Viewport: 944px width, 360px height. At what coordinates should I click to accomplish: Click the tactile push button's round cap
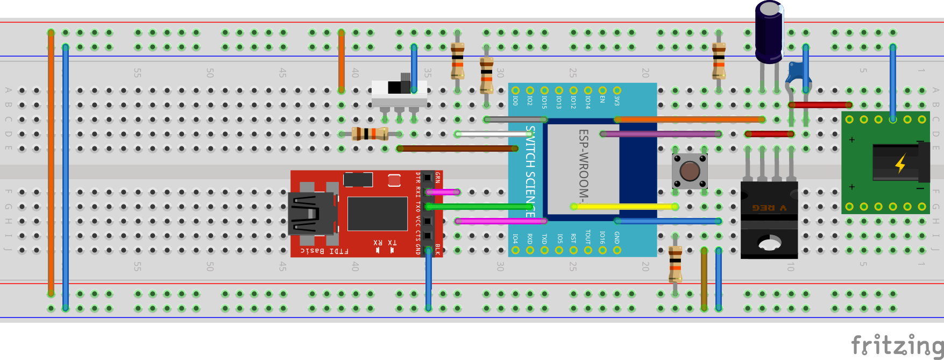[x=690, y=171]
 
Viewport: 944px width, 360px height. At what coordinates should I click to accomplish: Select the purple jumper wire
[x=661, y=134]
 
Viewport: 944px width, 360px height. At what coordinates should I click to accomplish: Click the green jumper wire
[x=479, y=207]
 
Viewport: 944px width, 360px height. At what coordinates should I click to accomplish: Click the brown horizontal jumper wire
[x=457, y=149]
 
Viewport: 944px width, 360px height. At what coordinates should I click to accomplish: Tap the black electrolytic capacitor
[x=769, y=31]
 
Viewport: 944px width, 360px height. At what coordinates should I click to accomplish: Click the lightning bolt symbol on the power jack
[x=900, y=163]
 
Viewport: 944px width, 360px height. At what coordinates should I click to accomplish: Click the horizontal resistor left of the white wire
[x=370, y=134]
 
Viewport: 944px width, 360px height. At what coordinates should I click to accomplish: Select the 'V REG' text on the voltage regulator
[x=769, y=208]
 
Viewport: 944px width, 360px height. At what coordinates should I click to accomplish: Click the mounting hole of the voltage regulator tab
[x=769, y=244]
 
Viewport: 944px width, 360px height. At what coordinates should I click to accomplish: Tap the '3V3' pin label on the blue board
[x=617, y=101]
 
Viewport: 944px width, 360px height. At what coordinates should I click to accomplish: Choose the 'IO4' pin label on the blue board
[x=515, y=238]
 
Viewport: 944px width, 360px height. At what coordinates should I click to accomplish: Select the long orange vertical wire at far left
[x=51, y=161]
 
